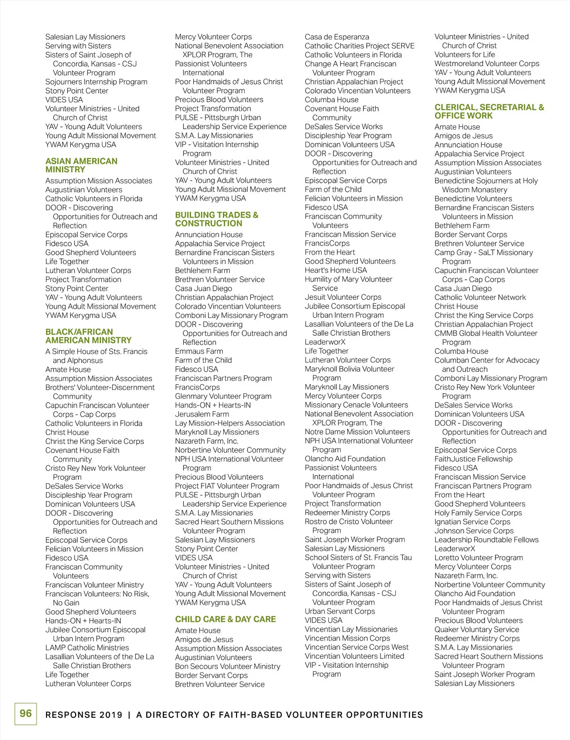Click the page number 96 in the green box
(26, 713)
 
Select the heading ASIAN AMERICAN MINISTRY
(81, 165)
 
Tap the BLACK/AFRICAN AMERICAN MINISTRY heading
(88, 336)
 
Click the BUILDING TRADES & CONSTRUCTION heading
(217, 219)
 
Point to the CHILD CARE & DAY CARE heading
(225, 619)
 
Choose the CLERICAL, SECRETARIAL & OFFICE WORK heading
(489, 111)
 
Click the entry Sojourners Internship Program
(96, 82)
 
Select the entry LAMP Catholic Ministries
(87, 647)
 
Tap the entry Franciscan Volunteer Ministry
(95, 585)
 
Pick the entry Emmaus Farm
(199, 351)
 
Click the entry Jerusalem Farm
(202, 414)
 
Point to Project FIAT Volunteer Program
(227, 486)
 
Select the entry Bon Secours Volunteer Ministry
(228, 666)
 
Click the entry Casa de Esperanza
(337, 37)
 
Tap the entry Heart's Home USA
(336, 270)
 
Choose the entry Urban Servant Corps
(340, 611)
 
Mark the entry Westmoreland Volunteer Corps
(487, 63)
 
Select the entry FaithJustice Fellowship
(474, 459)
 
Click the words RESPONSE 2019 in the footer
(84, 715)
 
